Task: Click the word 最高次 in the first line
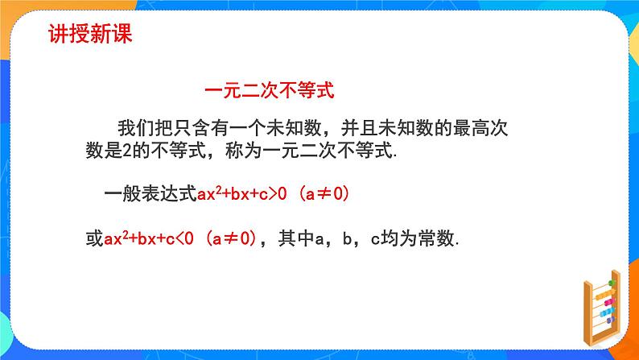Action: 487,127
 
